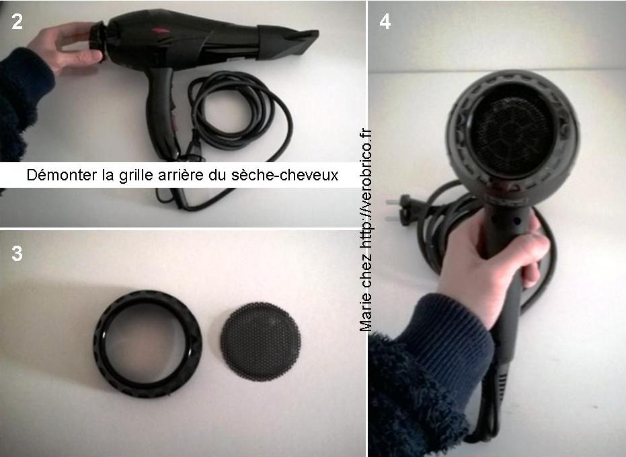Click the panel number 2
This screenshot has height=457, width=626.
tap(17, 22)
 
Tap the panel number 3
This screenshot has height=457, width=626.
tap(17, 254)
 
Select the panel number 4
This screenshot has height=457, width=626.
tap(385, 22)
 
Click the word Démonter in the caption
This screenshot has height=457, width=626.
tap(62, 175)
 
